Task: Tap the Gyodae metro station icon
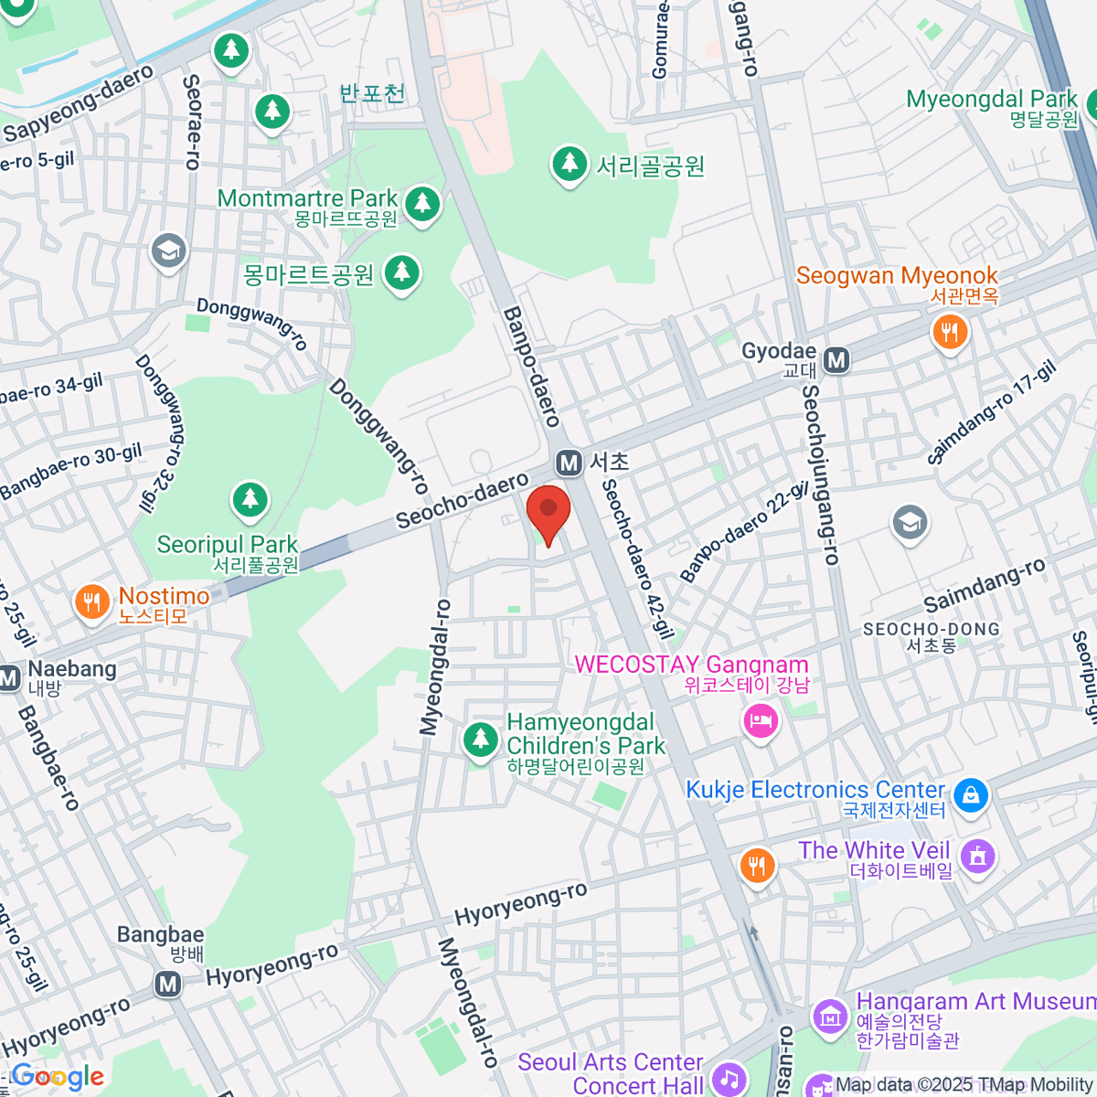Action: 836,360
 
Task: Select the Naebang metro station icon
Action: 8,678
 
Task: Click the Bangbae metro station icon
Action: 166,985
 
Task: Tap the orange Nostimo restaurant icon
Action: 91,603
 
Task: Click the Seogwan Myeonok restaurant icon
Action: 950,331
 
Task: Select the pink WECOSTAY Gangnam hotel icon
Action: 761,723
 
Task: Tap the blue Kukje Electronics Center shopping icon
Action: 971,794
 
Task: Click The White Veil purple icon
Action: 978,857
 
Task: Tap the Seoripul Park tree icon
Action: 250,500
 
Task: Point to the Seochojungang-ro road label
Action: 820,475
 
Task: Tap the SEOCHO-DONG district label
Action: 931,629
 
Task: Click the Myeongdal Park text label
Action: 991,99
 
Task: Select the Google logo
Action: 58,1077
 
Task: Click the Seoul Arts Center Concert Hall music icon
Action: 729,1078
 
